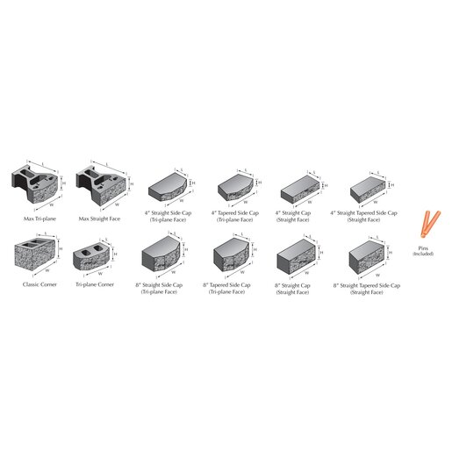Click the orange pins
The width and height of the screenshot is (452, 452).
point(427,226)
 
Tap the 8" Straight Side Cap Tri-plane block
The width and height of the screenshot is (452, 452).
point(161,256)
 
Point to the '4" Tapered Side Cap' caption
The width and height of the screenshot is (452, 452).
point(235,212)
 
